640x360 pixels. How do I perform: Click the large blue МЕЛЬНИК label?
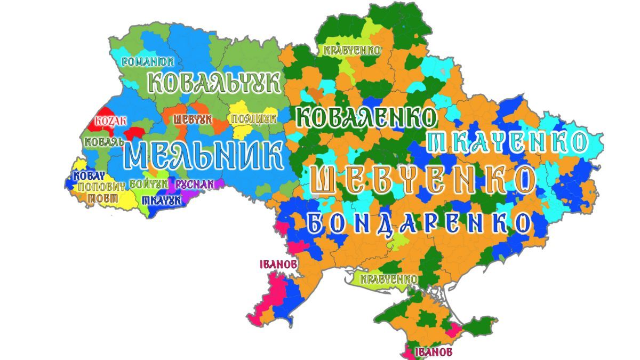coord(203,155)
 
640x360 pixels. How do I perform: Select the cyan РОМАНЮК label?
coord(148,61)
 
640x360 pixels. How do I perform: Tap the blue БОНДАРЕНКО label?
coord(420,223)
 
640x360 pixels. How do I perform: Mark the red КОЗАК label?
coord(110,121)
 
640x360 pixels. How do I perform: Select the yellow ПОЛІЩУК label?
coord(254,118)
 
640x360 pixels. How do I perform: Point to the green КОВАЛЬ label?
coord(105,142)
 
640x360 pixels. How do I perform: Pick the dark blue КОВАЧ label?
coord(89,176)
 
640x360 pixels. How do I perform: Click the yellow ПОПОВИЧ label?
coord(102,187)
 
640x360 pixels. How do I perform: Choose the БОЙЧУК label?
coord(149,184)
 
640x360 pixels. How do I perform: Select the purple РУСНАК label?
coord(195,184)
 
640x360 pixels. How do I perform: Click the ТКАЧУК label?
coord(161,201)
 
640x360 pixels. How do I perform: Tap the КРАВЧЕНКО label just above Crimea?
coord(388,279)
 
